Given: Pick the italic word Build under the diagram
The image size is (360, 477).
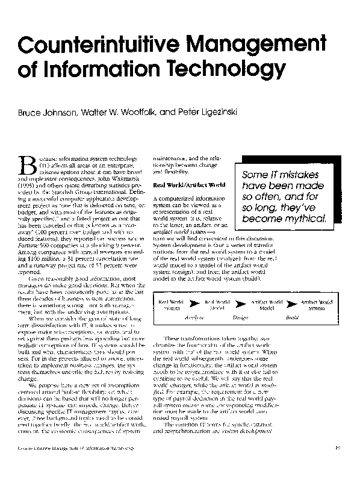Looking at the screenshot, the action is pyautogui.click(x=293, y=316).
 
